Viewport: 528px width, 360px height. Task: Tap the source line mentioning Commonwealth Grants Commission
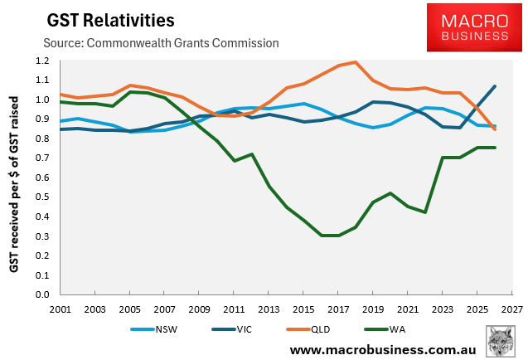pos(160,42)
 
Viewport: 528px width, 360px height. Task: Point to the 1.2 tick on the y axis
pos(41,61)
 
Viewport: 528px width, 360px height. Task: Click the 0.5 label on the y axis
pos(41,197)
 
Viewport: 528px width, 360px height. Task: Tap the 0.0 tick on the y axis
pos(41,294)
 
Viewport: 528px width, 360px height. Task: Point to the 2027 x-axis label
pos(512,308)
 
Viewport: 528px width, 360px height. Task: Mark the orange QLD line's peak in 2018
pos(356,62)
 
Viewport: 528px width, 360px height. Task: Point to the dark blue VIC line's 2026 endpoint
pos(496,86)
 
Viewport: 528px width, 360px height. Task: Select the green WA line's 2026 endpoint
pos(496,148)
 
